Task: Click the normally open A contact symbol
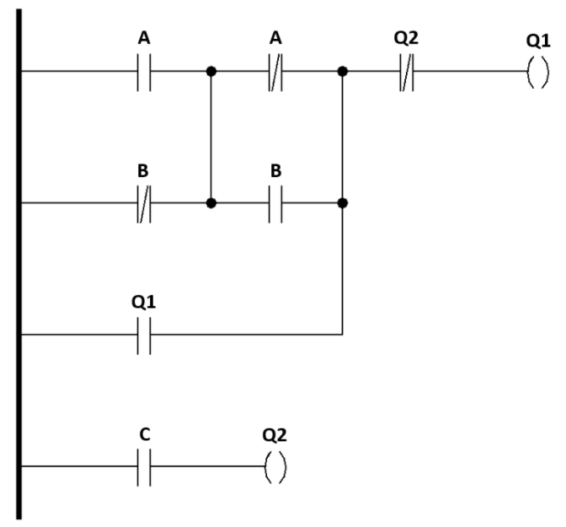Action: coord(143,72)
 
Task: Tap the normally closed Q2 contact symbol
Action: coord(407,72)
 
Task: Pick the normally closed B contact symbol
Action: coord(143,203)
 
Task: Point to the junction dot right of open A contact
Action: coord(211,72)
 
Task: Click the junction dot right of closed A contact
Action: coord(342,72)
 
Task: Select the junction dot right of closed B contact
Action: coord(211,203)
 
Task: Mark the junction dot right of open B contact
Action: coord(342,203)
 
